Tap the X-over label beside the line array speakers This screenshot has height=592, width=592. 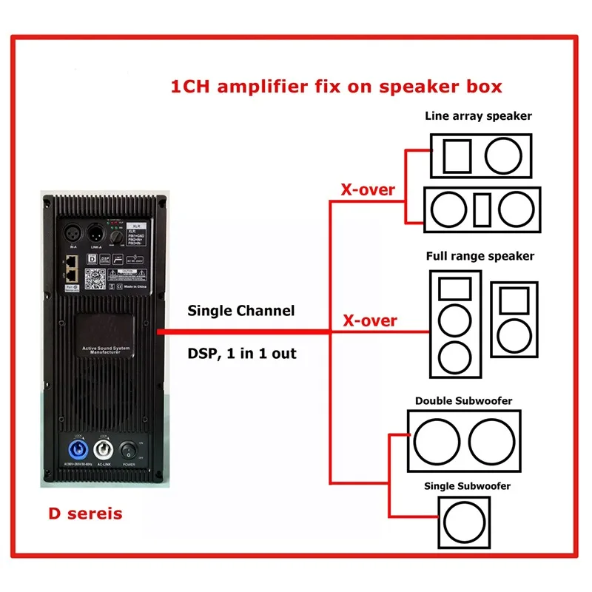(x=368, y=189)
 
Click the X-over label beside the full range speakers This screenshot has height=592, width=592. (x=369, y=320)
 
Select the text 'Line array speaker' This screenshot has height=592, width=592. (x=478, y=115)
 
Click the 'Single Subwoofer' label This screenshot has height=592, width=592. (x=467, y=486)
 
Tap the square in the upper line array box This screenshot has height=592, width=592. (x=457, y=155)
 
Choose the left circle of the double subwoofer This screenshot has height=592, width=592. (x=436, y=442)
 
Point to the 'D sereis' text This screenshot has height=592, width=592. (x=85, y=514)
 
